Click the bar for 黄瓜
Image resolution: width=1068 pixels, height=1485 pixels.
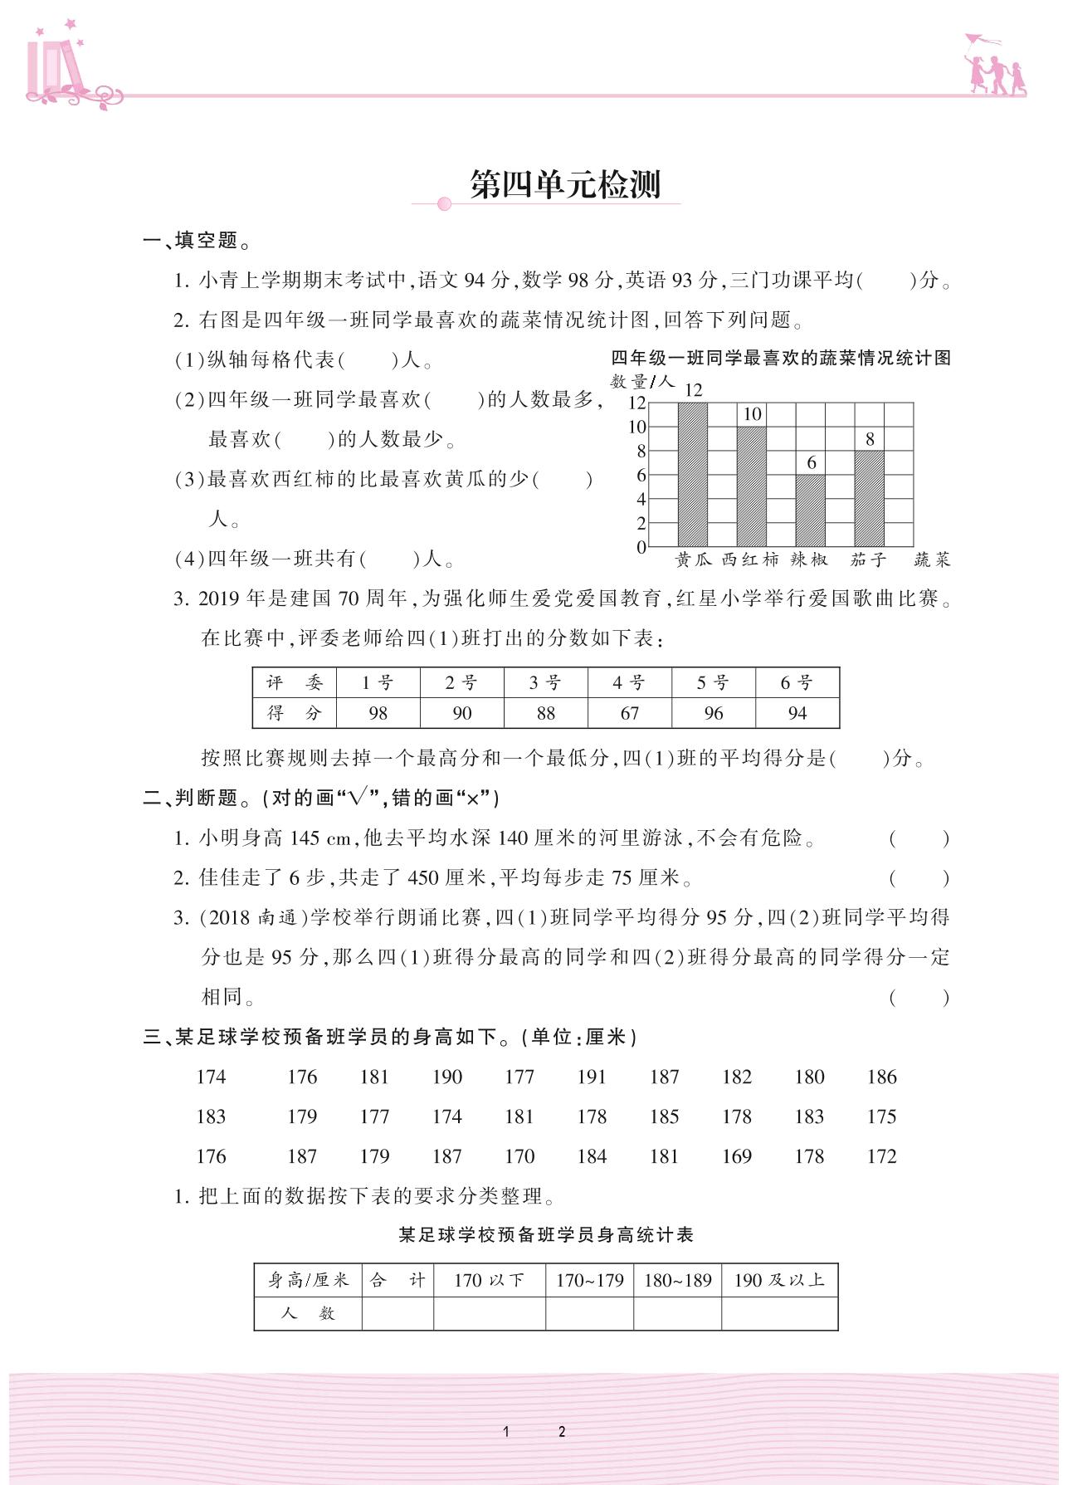tap(693, 475)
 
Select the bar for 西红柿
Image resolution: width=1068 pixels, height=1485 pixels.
tap(752, 486)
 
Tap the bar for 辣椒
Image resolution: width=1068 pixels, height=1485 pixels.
tap(810, 510)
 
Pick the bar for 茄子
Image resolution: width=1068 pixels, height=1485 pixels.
tap(869, 498)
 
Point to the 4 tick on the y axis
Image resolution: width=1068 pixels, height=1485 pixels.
tap(641, 500)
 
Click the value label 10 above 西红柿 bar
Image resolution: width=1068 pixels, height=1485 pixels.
tap(752, 414)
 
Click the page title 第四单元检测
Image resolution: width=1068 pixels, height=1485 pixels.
tap(564, 184)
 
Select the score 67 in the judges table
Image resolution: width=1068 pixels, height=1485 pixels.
tap(630, 713)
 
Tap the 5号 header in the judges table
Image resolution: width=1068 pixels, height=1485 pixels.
tap(713, 683)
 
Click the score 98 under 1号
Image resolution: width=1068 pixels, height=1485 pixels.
tap(378, 713)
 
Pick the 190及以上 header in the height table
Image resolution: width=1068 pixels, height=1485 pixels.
tap(779, 1280)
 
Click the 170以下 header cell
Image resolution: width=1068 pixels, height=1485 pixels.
tap(489, 1280)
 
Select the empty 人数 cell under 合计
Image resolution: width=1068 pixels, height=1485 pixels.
tap(397, 1313)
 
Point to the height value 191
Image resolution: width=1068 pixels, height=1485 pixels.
tap(592, 1077)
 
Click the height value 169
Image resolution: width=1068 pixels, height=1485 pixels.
tap(737, 1156)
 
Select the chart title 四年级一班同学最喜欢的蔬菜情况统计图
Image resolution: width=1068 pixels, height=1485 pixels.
tap(781, 359)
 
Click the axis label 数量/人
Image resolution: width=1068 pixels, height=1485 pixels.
tap(642, 381)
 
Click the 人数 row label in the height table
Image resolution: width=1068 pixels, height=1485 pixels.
tap(308, 1313)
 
